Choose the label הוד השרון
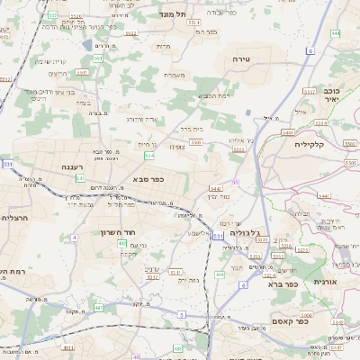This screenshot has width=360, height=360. point(117,232)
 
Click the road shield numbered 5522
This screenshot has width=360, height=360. point(131,32)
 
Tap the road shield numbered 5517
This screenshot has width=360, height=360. point(309,91)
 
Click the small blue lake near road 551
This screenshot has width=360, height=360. point(86,44)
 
